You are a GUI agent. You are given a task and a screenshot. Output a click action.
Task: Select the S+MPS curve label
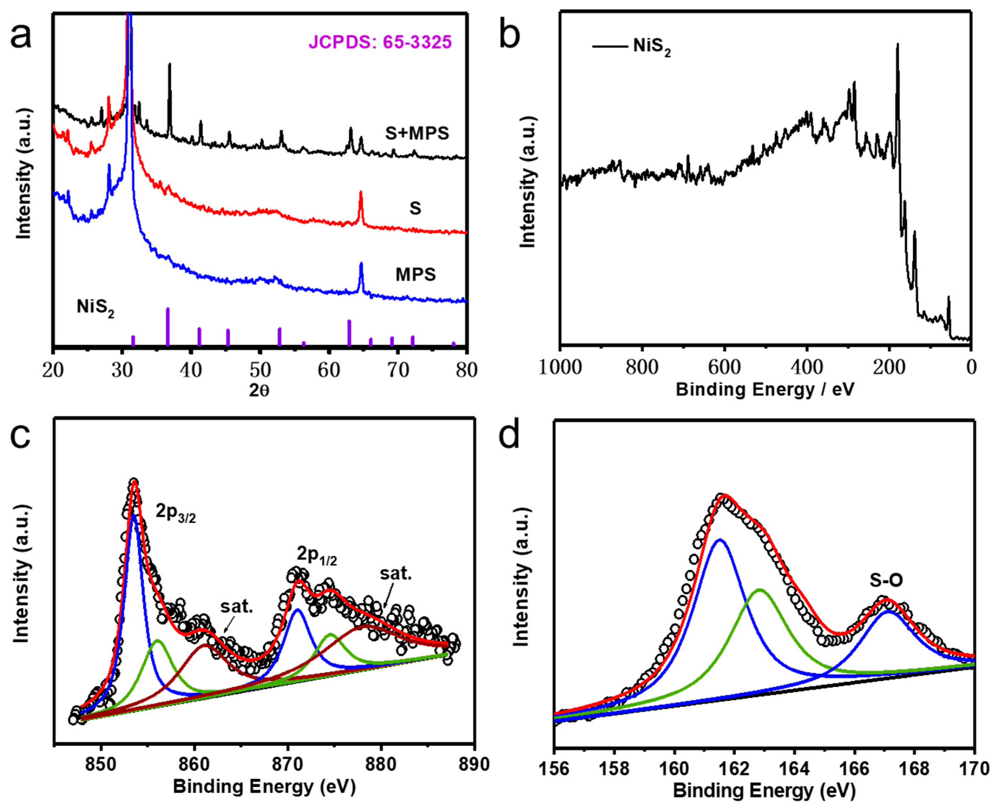(x=417, y=134)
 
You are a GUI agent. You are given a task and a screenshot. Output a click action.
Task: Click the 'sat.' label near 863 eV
(x=237, y=607)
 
